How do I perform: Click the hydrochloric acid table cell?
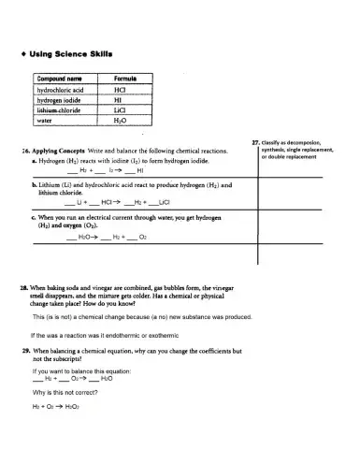click(x=61, y=90)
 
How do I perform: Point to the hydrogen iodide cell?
click(x=58, y=100)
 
